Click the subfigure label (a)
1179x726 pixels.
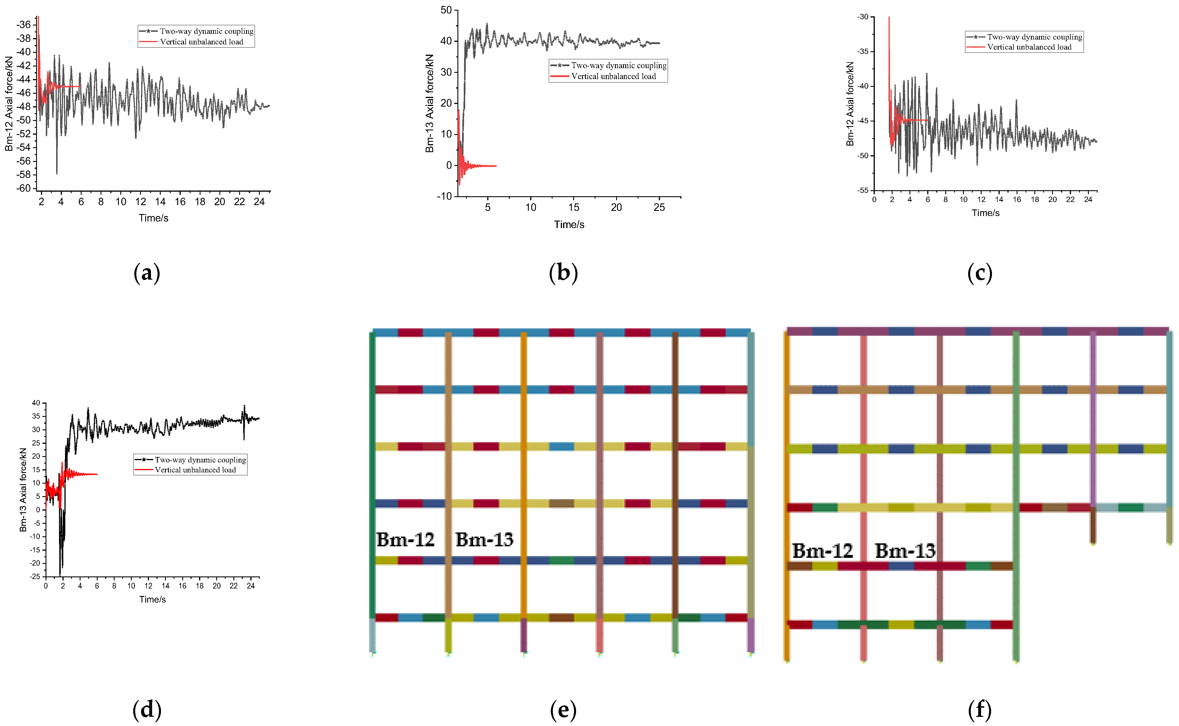(146, 273)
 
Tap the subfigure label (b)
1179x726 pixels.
(563, 273)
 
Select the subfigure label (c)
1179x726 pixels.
(980, 273)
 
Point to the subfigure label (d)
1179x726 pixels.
(146, 709)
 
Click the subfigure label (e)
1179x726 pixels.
(563, 709)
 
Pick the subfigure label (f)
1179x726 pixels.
(980, 709)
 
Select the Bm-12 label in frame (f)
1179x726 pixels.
(822, 551)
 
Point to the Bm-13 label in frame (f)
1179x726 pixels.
(905, 551)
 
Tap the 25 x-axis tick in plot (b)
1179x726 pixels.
(659, 207)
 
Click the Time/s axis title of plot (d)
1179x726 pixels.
(152, 599)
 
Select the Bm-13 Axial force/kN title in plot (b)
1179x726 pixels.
(430, 103)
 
